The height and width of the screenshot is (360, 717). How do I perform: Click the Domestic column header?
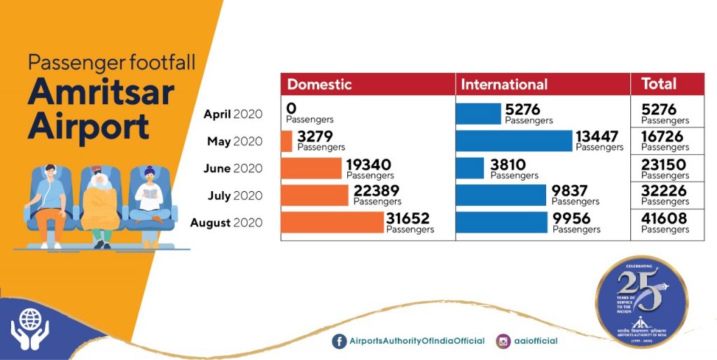[319, 84]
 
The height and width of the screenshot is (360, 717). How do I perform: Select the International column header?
[503, 84]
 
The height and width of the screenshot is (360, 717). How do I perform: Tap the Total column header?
[658, 84]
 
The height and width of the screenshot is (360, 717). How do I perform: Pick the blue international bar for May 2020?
[513, 141]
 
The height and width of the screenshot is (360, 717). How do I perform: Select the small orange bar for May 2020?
[286, 141]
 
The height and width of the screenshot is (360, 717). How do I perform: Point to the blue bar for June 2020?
[469, 168]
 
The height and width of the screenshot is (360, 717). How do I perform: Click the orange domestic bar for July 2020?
[314, 195]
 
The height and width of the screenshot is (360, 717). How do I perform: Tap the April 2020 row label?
[232, 114]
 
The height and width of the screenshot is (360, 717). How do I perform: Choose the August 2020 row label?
[226, 223]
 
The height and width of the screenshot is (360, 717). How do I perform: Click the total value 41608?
[664, 219]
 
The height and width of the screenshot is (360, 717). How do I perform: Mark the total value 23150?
[664, 165]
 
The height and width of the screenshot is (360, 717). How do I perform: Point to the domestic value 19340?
[368, 165]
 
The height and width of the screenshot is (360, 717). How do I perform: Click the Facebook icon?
[340, 341]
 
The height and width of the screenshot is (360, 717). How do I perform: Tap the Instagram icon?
[503, 341]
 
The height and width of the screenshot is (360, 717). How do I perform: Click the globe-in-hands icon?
[29, 327]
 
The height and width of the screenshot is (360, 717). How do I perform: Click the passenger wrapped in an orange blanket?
[101, 203]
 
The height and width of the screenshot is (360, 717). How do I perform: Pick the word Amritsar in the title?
[100, 93]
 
